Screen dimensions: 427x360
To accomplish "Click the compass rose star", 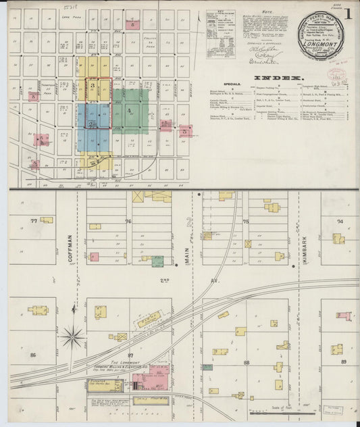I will click(x=72, y=336).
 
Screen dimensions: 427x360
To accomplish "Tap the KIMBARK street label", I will click(x=305, y=245).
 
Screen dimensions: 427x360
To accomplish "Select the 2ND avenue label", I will click(x=165, y=278).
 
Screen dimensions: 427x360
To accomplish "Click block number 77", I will click(x=33, y=221).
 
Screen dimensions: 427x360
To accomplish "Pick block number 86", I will click(x=32, y=354).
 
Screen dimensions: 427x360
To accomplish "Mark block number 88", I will click(x=247, y=363).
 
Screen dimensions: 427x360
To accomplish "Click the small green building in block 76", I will click(x=157, y=261).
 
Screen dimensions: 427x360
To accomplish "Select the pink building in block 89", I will click(x=344, y=316).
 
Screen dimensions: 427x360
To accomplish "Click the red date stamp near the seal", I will click(x=336, y=74).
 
